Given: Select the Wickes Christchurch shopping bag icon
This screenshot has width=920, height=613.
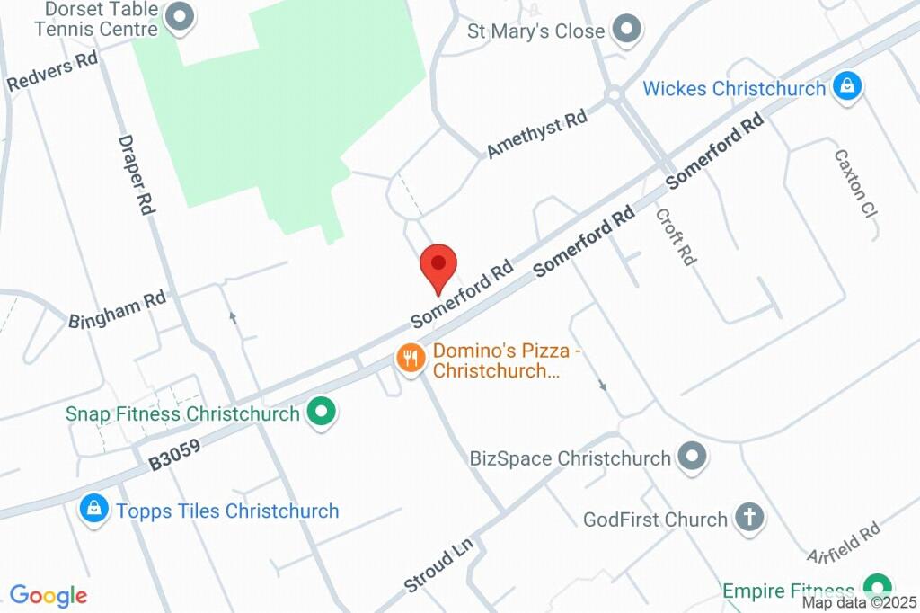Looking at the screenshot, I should coord(846,87).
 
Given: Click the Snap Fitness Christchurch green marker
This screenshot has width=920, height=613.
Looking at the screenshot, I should coord(321,413).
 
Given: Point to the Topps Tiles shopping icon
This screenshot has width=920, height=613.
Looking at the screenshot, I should coord(93,510).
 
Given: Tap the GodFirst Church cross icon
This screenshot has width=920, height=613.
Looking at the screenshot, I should coord(748,518).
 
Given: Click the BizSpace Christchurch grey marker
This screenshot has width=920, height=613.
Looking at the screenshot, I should coord(692,457).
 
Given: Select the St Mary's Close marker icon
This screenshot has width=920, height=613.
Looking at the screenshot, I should coord(626,31).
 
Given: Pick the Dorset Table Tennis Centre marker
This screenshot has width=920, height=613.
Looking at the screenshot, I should coord(181,17).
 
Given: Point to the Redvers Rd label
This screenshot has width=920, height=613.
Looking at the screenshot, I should coord(52,72).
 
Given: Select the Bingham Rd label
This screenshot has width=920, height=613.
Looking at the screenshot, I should coord(118,307).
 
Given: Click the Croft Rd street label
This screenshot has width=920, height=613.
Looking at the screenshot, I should coord(676,236).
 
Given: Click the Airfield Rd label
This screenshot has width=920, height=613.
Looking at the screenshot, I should coord(844,545).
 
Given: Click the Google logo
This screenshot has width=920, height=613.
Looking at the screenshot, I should coord(49,595).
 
